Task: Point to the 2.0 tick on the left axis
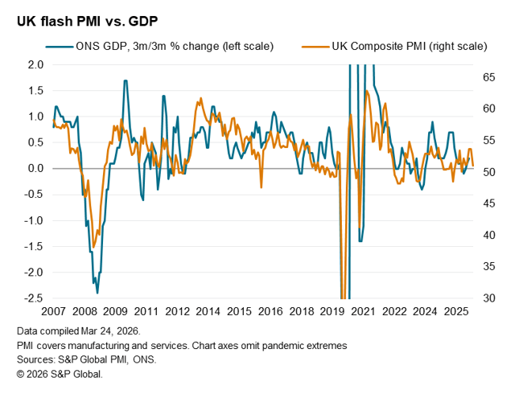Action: pyautogui.click(x=35, y=64)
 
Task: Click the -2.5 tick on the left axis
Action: pyautogui.click(x=32, y=298)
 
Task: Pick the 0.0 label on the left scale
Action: pyautogui.click(x=35, y=168)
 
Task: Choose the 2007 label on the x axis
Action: pyautogui.click(x=53, y=311)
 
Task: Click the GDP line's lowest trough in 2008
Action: pyautogui.click(x=97, y=293)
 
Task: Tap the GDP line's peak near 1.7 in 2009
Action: pyautogui.click(x=126, y=80)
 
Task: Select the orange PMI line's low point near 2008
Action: pyautogui.click(x=93, y=247)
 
